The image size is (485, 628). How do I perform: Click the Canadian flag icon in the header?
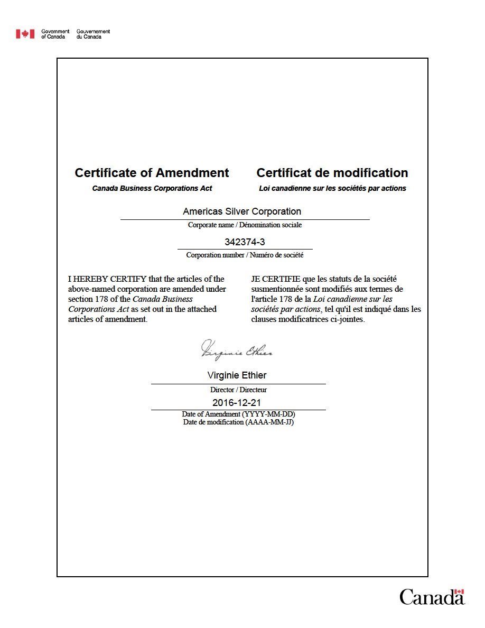[25, 34]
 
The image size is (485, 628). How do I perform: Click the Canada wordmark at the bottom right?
[432, 597]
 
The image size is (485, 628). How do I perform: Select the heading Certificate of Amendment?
[152, 173]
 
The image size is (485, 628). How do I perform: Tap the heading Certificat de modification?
[332, 173]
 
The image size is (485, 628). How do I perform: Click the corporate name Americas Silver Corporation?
[242, 211]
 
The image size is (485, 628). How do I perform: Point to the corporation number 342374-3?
[245, 242]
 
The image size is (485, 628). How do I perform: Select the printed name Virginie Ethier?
[237, 375]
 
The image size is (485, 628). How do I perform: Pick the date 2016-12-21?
[237, 403]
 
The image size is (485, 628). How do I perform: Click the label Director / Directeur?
[238, 390]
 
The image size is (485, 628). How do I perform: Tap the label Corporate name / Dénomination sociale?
[245, 225]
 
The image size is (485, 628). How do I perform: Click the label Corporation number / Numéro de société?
[245, 255]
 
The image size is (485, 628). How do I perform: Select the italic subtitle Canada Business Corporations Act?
[152, 188]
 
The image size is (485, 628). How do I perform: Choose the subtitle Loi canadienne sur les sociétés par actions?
[332, 188]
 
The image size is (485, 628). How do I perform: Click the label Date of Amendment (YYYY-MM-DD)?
[238, 414]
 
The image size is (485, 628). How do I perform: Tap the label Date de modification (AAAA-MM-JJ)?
[238, 422]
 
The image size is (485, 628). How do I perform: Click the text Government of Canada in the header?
[55, 34]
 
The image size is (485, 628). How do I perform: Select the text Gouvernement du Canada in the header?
[93, 34]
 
